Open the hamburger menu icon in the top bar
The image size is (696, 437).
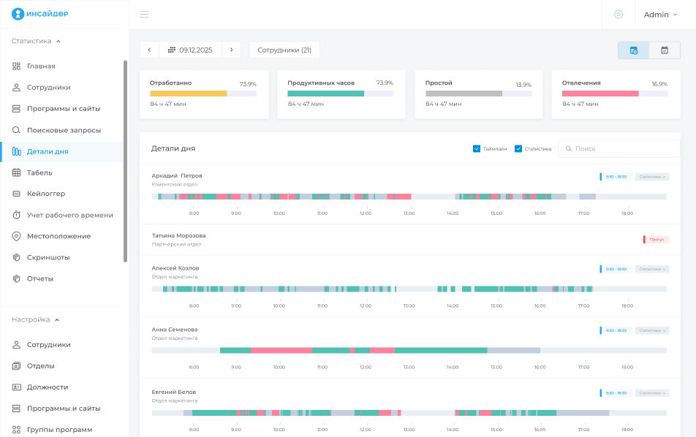point(144,15)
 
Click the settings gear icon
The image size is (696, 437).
point(619,15)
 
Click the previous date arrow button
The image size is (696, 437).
point(149,50)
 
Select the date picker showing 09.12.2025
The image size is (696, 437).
point(190,50)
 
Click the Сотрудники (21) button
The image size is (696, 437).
point(284,50)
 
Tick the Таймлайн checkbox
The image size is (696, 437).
point(477,148)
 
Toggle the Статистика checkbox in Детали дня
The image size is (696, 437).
point(518,148)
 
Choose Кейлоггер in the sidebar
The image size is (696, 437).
point(46,194)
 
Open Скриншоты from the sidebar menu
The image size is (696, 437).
point(48,257)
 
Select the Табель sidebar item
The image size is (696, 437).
point(39,172)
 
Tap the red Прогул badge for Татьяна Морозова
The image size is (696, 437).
point(657,240)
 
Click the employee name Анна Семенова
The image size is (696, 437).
point(175,330)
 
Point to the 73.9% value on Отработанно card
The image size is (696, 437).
point(248,84)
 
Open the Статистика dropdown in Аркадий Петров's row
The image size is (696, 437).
point(652,177)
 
